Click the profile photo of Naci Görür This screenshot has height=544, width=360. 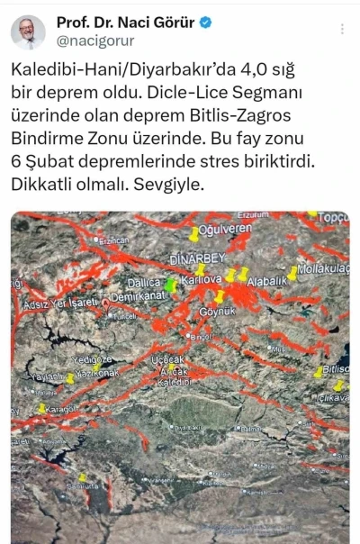pyautogui.click(x=28, y=32)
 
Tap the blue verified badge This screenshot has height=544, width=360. pyautogui.click(x=206, y=22)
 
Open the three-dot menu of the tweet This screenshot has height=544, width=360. pyautogui.click(x=342, y=29)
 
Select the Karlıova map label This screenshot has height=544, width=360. pyautogui.click(x=201, y=280)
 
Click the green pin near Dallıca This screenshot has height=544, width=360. pyautogui.click(x=172, y=286)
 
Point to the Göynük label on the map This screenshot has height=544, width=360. pyautogui.click(x=216, y=311)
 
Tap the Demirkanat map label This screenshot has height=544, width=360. pyautogui.click(x=139, y=295)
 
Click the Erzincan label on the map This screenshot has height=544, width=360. pyautogui.click(x=114, y=240)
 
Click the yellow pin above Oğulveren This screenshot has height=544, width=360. pyautogui.click(x=193, y=234)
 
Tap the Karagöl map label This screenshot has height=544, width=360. pyautogui.click(x=63, y=408)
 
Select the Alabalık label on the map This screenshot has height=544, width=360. pyautogui.click(x=266, y=281)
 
